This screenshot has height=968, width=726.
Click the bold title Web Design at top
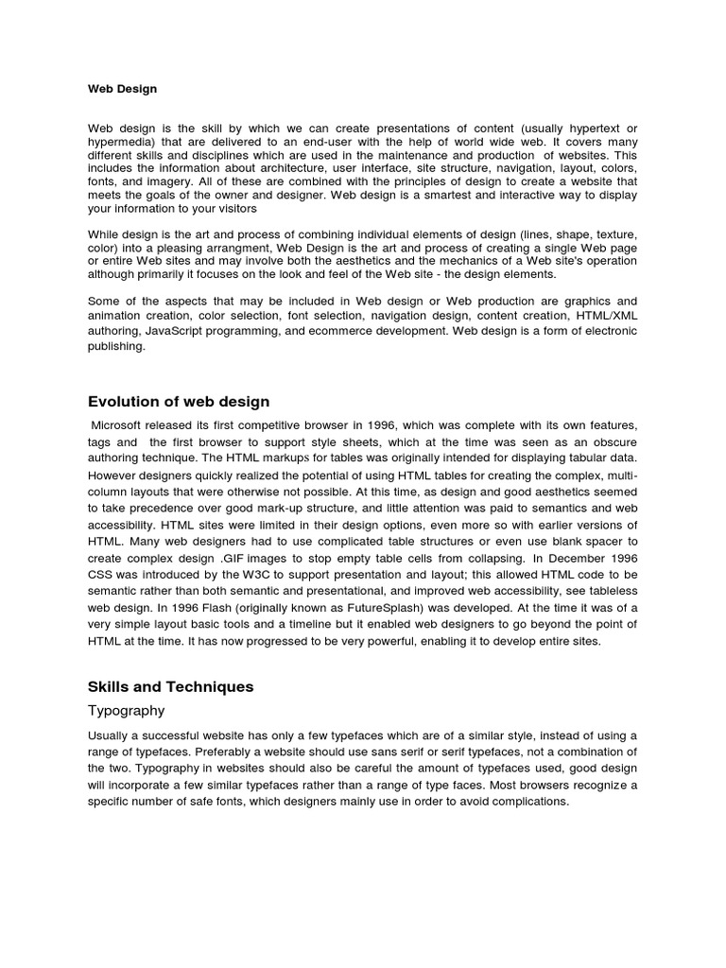coord(123,89)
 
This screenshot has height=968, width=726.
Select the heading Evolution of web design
coord(179,402)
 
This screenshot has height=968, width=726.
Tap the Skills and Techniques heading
coord(171,686)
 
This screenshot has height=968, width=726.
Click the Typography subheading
coord(126,710)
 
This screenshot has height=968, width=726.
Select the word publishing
coord(117,345)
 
